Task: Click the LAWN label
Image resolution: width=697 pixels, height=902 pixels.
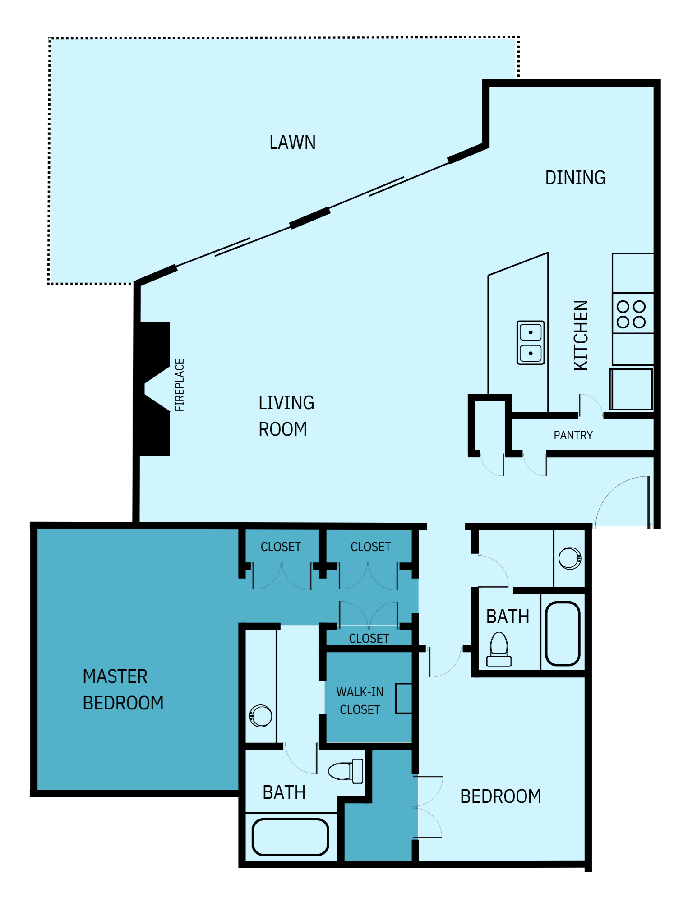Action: coord(292,143)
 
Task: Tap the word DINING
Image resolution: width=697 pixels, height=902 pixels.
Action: coord(575,178)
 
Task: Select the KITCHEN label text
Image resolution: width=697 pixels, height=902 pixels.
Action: coord(581,336)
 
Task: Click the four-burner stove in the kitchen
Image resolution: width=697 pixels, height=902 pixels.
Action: coord(632,314)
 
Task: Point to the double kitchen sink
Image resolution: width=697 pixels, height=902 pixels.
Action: coord(530,343)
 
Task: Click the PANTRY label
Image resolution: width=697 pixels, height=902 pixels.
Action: coord(573,435)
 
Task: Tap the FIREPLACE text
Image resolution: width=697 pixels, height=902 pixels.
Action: coord(180,385)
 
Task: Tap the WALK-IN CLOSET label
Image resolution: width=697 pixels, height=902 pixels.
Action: coord(360,701)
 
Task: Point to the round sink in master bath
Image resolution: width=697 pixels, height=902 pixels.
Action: coord(261,716)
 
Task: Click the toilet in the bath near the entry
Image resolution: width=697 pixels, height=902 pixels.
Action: coord(499,649)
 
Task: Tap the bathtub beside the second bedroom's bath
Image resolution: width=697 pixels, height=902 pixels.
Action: coord(563,634)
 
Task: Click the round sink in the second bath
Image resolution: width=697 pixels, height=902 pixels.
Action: coord(570,558)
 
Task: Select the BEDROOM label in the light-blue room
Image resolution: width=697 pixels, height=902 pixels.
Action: coord(500,796)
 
